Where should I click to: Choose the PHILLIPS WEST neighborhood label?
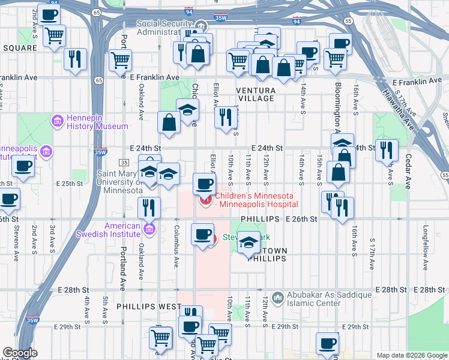pyautogui.click(x=148, y=306)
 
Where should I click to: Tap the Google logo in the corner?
pyautogui.click(x=20, y=353)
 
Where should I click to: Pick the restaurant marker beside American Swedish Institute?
pyautogui.click(x=148, y=208)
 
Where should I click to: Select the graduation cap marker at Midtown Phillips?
pyautogui.click(x=249, y=243)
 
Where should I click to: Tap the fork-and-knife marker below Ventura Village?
pyautogui.click(x=226, y=116)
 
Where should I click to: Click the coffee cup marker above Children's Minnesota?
pyautogui.click(x=204, y=183)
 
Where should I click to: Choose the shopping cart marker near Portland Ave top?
pyautogui.click(x=121, y=60)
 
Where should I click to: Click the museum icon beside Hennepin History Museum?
pyautogui.click(x=58, y=122)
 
